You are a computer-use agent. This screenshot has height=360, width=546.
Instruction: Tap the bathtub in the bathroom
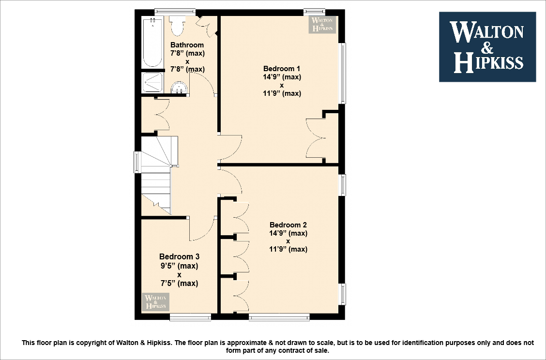[152, 43]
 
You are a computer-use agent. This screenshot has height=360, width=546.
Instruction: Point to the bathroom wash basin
[179, 88]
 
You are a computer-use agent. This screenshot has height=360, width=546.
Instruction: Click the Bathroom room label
[187, 45]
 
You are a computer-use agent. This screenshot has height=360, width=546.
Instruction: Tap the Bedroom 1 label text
[282, 68]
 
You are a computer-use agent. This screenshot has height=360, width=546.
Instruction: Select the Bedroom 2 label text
[288, 225]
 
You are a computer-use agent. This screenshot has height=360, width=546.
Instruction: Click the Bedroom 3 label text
[179, 256]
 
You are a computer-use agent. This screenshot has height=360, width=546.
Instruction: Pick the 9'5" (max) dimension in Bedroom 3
[179, 266]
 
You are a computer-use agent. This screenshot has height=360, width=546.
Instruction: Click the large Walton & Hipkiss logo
[487, 46]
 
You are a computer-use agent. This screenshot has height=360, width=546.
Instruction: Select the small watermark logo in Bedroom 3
[155, 302]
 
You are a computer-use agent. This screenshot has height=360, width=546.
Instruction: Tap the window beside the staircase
[137, 162]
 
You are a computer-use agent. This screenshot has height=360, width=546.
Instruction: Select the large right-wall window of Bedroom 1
[342, 73]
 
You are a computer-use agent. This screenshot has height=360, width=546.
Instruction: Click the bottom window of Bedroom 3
[190, 317]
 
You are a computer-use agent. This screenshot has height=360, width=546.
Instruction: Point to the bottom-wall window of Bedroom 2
[279, 317]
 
